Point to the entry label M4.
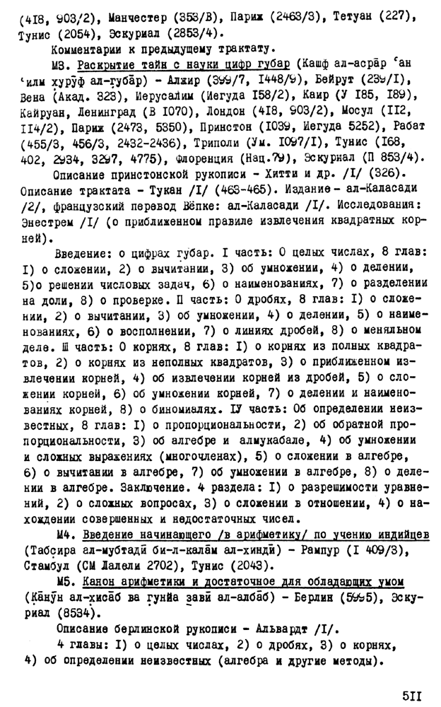click(62, 532)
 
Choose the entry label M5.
click(62, 581)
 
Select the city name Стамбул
click(47, 565)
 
